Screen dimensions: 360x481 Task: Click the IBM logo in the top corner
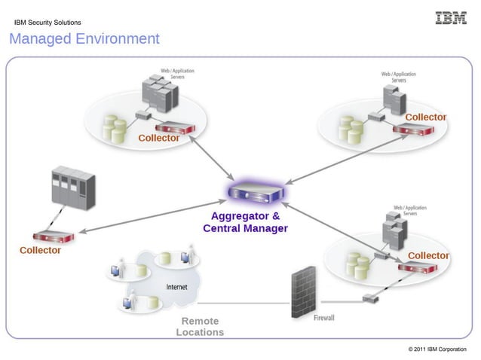click(x=451, y=18)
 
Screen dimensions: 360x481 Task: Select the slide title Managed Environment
click(x=84, y=39)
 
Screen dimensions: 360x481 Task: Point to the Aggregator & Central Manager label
click(x=245, y=221)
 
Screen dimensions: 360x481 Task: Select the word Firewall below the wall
click(x=324, y=318)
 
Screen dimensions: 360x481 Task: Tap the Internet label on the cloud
click(x=176, y=287)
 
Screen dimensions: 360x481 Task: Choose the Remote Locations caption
click(x=200, y=326)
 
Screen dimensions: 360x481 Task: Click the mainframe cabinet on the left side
click(x=72, y=188)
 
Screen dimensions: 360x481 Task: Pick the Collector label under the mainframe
click(x=40, y=250)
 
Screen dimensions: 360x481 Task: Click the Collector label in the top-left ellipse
click(x=158, y=138)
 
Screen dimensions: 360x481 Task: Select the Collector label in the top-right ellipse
click(x=426, y=117)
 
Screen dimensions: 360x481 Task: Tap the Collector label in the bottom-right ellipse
click(x=428, y=255)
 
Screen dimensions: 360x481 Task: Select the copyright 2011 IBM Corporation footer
click(x=437, y=349)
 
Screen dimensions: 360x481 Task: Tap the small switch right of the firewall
click(x=370, y=298)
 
